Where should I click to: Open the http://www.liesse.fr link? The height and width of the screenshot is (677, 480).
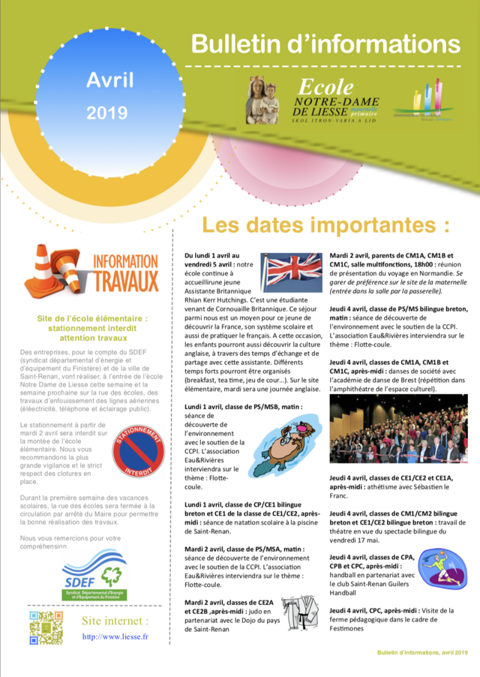tap(115, 637)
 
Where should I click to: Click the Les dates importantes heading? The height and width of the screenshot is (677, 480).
tap(326, 225)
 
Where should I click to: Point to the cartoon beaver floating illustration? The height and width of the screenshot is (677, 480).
tap(289, 450)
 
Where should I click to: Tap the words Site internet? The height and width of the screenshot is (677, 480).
tap(115, 621)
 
